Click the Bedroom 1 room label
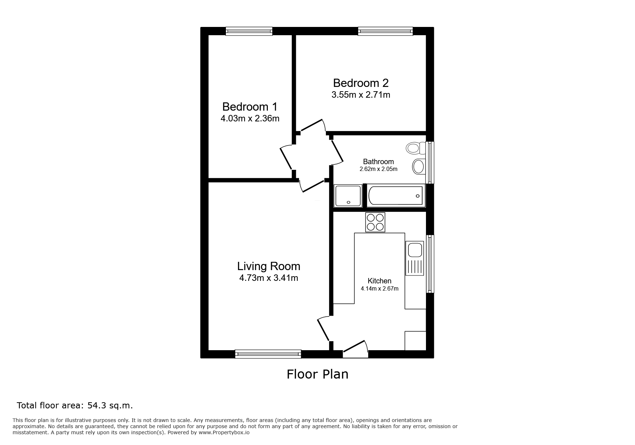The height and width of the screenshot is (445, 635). tap(250, 107)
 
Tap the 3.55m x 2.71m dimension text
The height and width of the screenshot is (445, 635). tap(361, 95)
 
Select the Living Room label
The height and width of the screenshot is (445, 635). tap(269, 266)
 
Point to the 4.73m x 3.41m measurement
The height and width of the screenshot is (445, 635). tap(269, 278)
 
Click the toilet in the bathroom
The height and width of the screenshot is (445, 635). tap(416, 148)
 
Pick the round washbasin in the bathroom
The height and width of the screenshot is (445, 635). tap(418, 167)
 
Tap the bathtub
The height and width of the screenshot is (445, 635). tap(396, 196)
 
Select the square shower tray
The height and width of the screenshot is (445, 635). tap(347, 196)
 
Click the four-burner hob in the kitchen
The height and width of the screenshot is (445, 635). tap(375, 222)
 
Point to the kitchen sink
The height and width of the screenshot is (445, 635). tap(414, 258)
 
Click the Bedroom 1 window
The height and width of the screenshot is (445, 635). tap(249, 31)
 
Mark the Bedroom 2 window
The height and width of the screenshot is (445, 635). tap(385, 31)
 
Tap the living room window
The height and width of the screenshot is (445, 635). tap(268, 354)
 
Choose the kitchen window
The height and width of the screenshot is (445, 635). tap(430, 264)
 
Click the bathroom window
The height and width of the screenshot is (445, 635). tap(430, 162)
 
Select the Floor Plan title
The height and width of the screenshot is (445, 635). tap(317, 374)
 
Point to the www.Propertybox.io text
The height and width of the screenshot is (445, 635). tap(224, 432)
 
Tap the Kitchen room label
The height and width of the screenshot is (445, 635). tap(379, 281)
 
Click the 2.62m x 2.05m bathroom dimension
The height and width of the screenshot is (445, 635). tap(378, 169)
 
